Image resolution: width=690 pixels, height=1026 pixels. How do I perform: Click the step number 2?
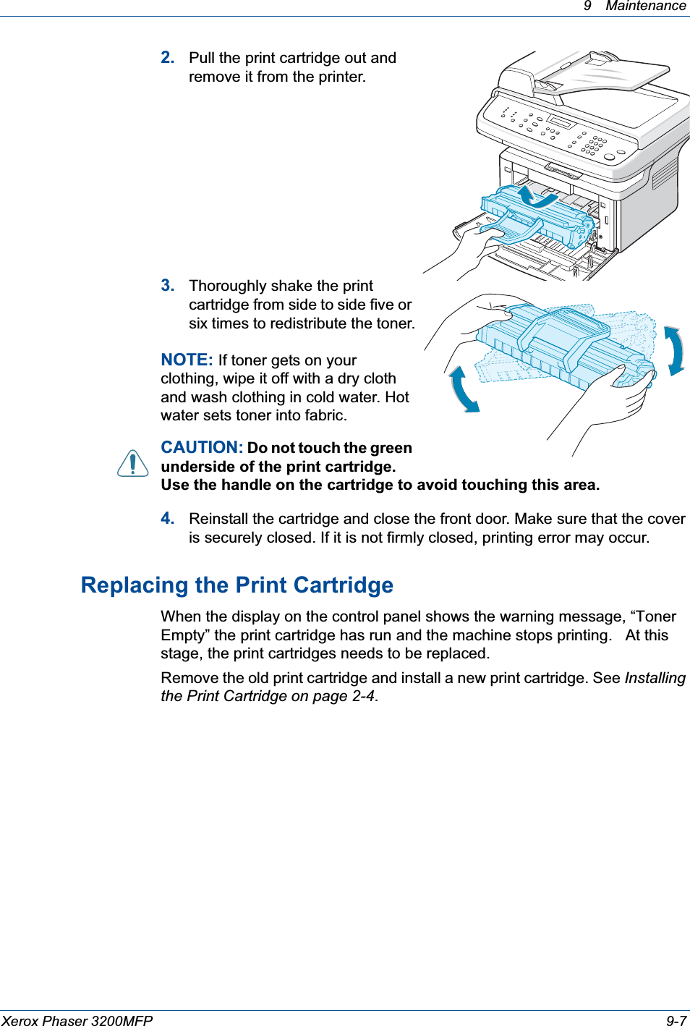click(167, 58)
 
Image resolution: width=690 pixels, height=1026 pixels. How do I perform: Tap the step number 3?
click(167, 286)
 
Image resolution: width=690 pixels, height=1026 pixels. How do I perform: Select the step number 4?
click(167, 519)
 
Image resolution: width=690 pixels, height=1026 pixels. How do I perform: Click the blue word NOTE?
click(187, 360)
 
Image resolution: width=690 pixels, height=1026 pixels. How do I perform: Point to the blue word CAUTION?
click(201, 448)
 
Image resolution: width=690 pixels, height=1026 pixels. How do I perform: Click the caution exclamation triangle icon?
click(133, 463)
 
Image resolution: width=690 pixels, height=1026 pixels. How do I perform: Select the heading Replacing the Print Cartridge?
click(237, 585)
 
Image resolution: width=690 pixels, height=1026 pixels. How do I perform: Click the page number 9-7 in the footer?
click(676, 1020)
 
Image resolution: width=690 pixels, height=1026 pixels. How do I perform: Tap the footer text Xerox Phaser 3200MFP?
click(77, 1020)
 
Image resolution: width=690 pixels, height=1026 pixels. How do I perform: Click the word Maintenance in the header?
click(645, 7)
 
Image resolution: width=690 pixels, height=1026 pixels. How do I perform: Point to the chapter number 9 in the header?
click(587, 7)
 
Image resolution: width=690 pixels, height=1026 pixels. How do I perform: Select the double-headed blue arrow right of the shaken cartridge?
click(674, 351)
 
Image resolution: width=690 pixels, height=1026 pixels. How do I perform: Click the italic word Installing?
click(655, 678)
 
